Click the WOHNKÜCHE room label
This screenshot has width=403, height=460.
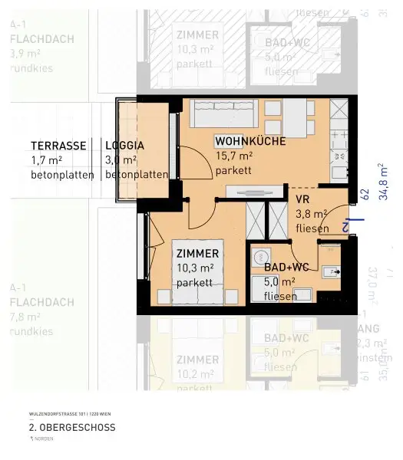[250, 141]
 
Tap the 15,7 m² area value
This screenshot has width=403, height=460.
[233, 156]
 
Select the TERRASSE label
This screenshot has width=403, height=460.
[57, 145]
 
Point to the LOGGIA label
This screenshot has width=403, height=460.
[124, 145]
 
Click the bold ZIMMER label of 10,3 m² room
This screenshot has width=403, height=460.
[197, 253]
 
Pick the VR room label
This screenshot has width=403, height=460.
[302, 199]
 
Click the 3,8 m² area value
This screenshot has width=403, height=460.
[312, 214]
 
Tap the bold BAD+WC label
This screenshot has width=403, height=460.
[286, 267]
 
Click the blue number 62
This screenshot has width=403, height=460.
[366, 194]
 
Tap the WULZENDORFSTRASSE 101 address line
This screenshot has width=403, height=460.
[66, 413]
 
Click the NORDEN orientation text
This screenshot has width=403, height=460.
[45, 439]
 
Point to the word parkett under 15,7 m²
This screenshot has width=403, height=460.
[233, 171]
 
